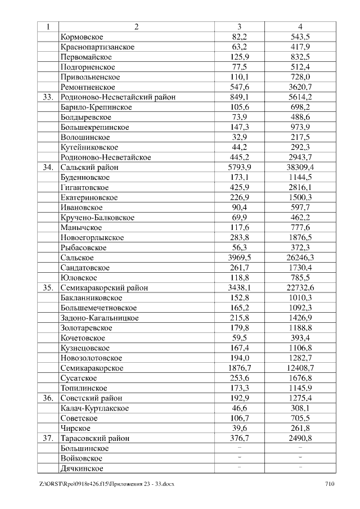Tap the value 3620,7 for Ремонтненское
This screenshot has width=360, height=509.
300,87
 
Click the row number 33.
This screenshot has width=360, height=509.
47,97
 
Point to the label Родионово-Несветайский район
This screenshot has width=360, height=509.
118,97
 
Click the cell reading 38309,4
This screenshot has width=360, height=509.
300,167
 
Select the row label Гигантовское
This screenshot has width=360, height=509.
84,187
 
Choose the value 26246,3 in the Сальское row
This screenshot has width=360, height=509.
300,258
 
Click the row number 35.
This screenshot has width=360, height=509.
47,287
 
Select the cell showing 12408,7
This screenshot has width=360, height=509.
300,368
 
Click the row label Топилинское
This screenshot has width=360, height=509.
84,388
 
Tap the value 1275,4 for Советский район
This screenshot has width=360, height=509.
300,398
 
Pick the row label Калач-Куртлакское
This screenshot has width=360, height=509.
94,408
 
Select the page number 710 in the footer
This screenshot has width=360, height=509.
330,484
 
